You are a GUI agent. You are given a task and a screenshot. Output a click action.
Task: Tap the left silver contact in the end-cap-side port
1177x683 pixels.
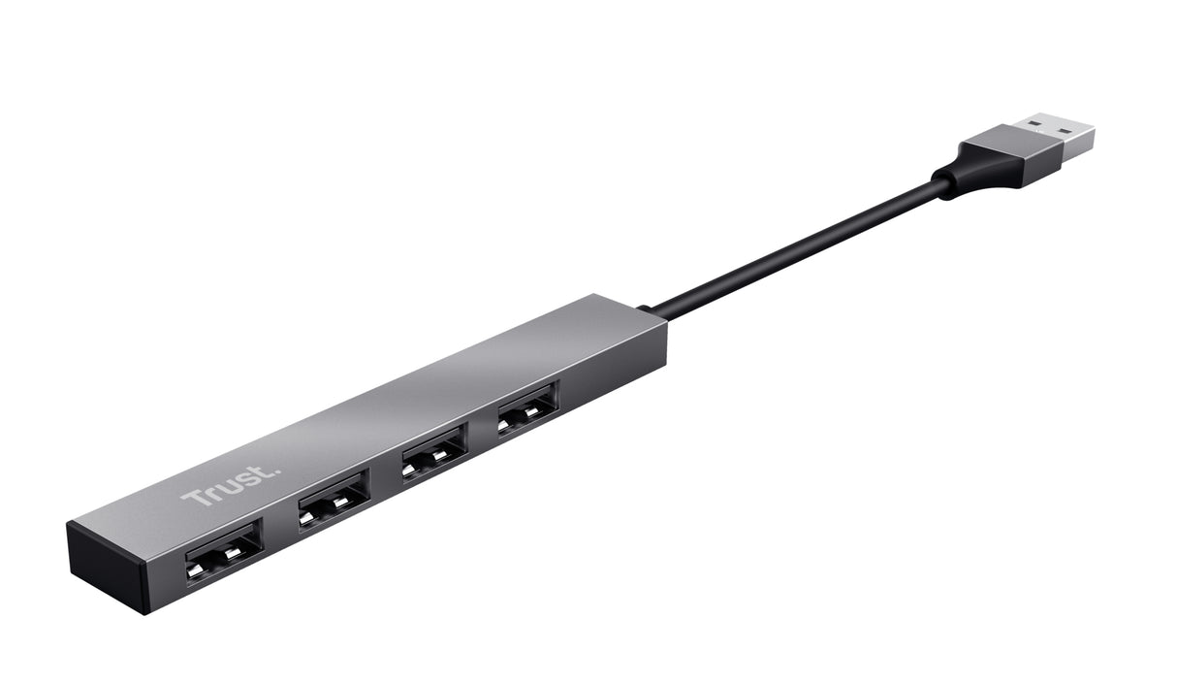(203, 564)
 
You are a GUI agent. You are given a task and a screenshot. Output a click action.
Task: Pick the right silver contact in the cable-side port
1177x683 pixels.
(537, 413)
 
